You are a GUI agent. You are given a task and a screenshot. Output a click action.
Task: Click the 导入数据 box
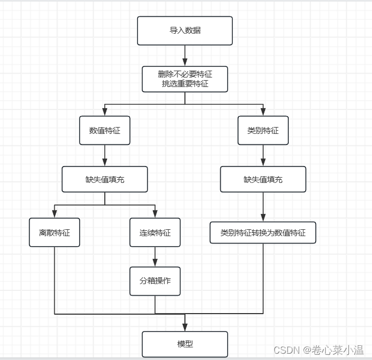coord(184,31)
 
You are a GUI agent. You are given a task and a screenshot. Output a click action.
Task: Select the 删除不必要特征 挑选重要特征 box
coord(184,79)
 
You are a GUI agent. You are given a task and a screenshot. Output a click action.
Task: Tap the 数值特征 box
coord(104,130)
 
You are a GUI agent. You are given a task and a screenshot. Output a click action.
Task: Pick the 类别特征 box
coord(263,130)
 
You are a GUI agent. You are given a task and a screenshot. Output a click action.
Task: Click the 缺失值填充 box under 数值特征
coord(104,179)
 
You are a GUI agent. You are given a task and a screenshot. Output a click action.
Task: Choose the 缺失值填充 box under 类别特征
coord(263,179)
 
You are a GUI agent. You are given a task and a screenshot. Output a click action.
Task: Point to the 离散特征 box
coord(54,232)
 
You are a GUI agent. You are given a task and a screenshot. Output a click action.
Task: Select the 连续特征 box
coord(155,232)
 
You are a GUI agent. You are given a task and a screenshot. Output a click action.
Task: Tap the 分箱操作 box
coord(155,281)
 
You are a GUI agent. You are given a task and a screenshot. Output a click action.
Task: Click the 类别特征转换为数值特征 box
coord(263,232)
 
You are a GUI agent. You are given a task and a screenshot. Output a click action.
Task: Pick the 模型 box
coord(184,344)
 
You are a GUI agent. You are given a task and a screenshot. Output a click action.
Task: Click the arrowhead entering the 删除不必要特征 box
coord(184,62)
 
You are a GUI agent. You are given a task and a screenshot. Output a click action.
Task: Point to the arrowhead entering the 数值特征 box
coord(104,112)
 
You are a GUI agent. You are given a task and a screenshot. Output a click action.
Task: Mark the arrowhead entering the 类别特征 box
coord(263,112)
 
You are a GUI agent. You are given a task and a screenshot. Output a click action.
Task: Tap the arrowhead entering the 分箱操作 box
coord(155,263)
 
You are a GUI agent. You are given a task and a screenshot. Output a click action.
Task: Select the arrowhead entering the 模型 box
coord(184,327)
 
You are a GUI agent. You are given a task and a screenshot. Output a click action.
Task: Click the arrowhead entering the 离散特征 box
coord(54,214)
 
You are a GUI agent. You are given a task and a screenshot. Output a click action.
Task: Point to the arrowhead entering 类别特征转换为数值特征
coord(263,219)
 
